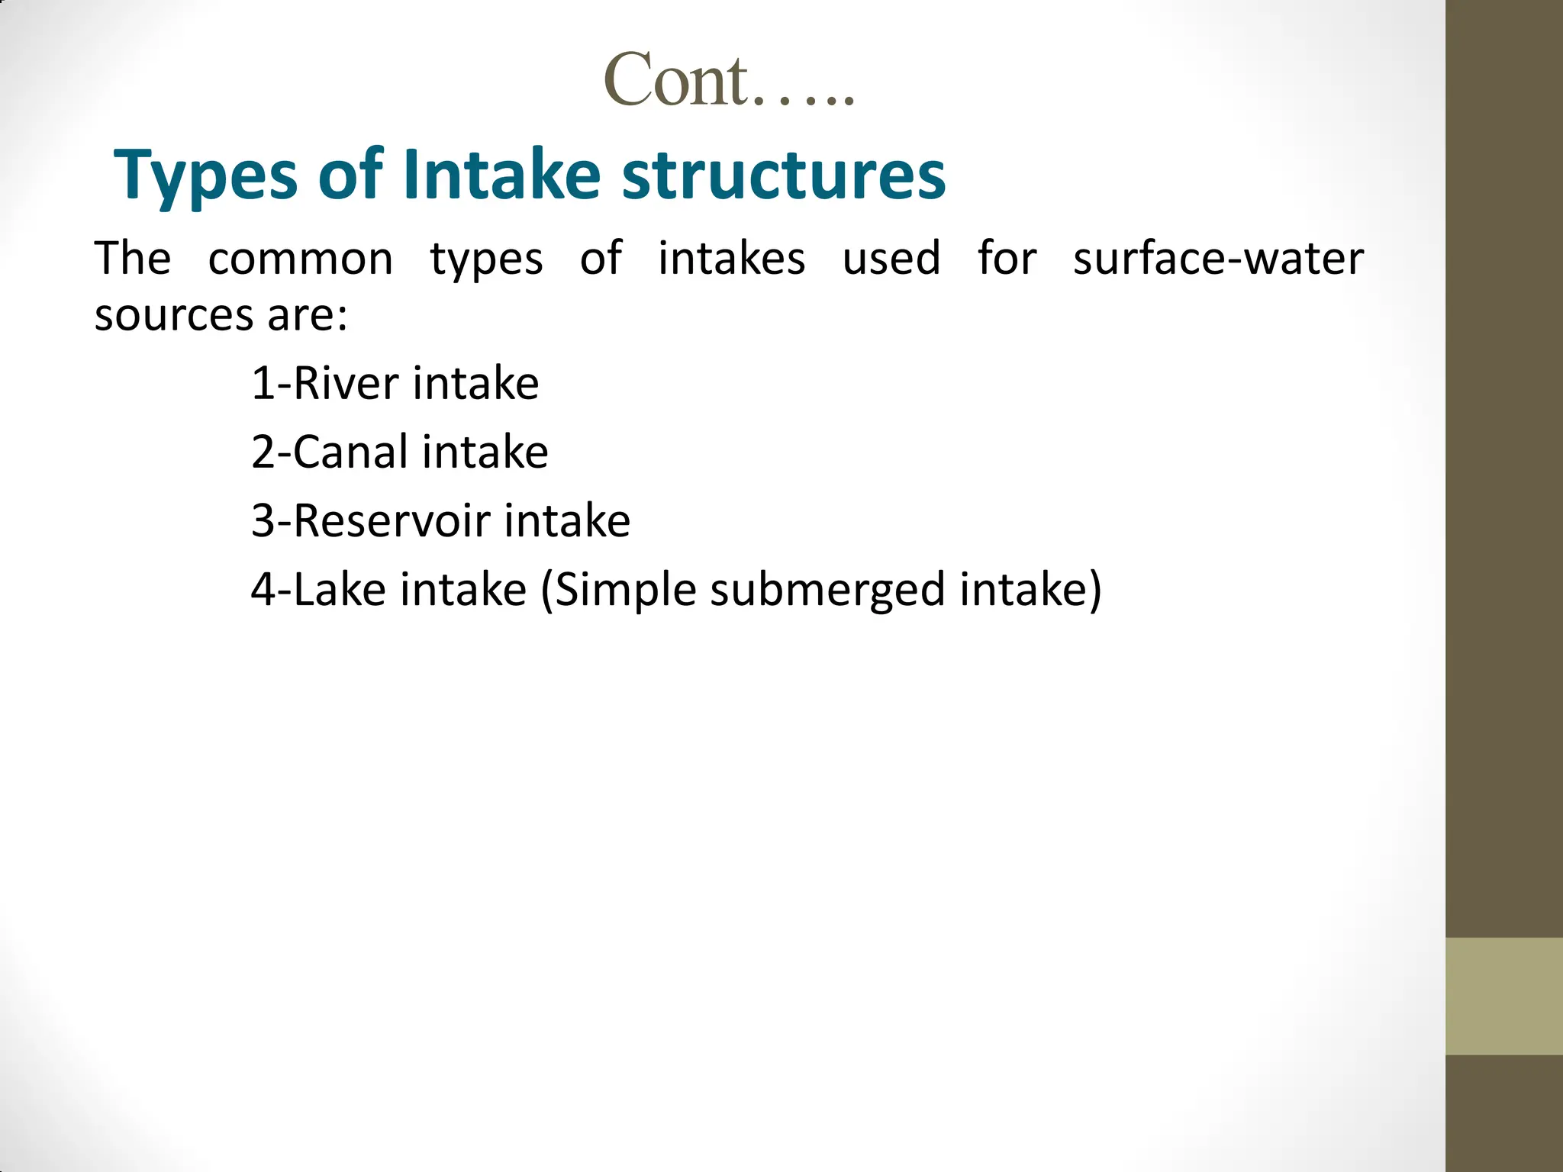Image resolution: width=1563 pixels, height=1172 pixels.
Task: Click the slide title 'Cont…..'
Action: [x=729, y=81]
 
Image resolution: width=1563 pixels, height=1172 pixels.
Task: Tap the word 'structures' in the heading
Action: [x=784, y=175]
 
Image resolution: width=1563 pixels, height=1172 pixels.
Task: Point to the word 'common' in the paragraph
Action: [x=301, y=259]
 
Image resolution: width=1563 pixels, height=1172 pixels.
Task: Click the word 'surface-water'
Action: [x=1218, y=259]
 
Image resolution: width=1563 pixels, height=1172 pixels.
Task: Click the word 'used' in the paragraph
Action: [x=891, y=259]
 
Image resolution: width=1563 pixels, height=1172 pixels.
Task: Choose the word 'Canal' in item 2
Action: [x=351, y=452]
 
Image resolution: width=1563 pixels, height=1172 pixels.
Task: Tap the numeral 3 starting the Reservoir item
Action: [x=263, y=521]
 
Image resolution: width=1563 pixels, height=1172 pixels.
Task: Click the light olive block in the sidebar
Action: [x=1503, y=997]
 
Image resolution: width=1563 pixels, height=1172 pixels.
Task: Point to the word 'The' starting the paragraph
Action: [x=132, y=259]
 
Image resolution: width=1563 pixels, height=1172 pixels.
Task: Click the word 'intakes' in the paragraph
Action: [x=731, y=259]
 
